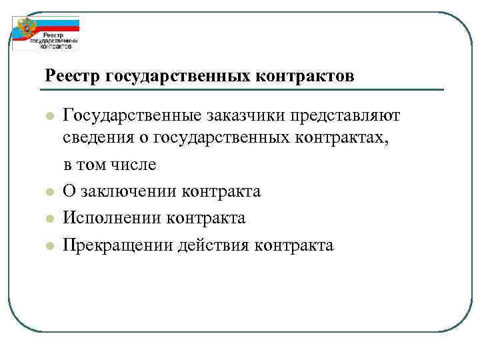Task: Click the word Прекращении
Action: [x=117, y=245]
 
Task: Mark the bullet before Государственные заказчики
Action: [x=49, y=117]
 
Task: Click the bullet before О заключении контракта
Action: [x=49, y=192]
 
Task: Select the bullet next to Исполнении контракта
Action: [x=49, y=219]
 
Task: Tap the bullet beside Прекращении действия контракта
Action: [x=49, y=245]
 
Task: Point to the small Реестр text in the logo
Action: [x=54, y=35]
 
